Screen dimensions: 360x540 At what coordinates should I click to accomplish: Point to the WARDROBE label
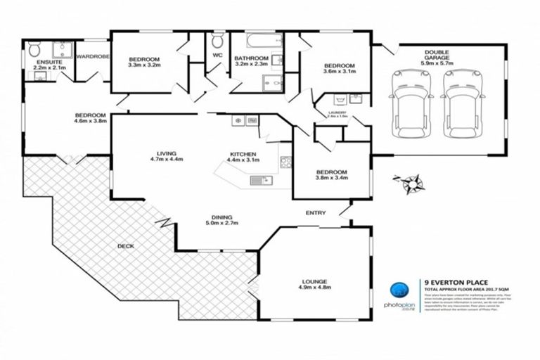[x=93, y=56]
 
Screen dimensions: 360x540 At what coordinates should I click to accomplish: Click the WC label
[x=217, y=58]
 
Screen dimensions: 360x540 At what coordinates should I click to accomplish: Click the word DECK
[x=126, y=246]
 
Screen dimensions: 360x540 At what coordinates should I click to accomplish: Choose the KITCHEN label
[x=243, y=153]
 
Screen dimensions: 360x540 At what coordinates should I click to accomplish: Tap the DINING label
[x=222, y=217]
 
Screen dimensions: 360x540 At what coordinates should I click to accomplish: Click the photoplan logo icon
[x=399, y=290]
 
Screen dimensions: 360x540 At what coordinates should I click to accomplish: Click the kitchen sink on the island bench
[x=261, y=181]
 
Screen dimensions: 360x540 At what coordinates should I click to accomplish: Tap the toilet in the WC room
[x=217, y=37]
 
